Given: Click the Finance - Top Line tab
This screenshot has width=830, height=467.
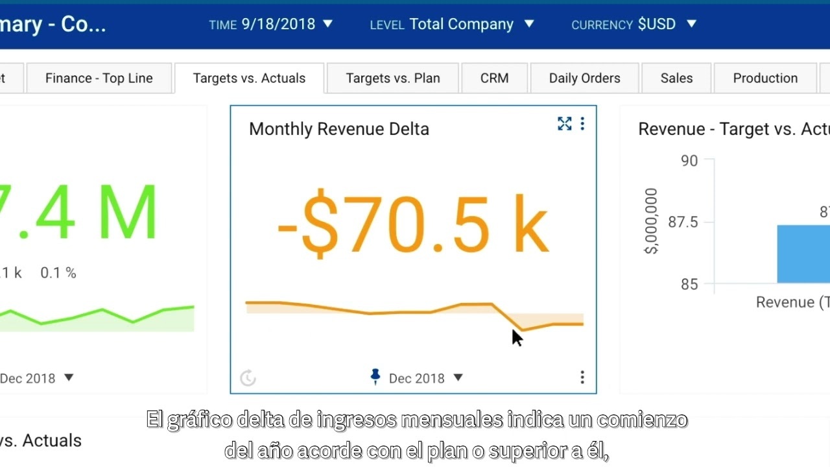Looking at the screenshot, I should pos(99,78).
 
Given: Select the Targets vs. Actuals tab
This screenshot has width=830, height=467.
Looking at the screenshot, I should pos(249,78).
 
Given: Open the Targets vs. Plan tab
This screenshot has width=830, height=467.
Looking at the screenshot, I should pos(393,78).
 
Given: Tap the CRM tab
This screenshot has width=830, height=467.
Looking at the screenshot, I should pos(494,78).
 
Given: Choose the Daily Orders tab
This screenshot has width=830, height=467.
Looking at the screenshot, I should pos(584,78).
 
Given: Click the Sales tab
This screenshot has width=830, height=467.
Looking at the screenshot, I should pos(676,78).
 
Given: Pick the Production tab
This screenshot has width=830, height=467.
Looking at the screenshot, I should pos(765,78).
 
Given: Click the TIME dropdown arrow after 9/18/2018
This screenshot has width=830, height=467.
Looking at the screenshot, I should pos(327,24).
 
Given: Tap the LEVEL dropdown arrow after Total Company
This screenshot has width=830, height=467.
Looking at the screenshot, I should pos(529,24).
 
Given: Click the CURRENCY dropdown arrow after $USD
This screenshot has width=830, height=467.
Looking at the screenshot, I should pos(691,24).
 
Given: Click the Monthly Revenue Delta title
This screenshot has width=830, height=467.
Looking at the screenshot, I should pos(339,129).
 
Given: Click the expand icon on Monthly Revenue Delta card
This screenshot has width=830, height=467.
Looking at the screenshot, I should pos(565,124).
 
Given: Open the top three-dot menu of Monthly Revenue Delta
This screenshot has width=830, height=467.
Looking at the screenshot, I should pos(582,124).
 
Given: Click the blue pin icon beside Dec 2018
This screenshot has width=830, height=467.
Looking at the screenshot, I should pos(375,377).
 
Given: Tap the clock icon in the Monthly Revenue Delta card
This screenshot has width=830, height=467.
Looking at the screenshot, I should pos(248,378).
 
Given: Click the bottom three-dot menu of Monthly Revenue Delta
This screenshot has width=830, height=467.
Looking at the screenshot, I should pos(582,377).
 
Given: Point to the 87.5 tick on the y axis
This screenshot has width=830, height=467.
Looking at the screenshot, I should pos(683,222).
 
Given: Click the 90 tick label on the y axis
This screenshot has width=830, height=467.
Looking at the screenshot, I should pos(689,161).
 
